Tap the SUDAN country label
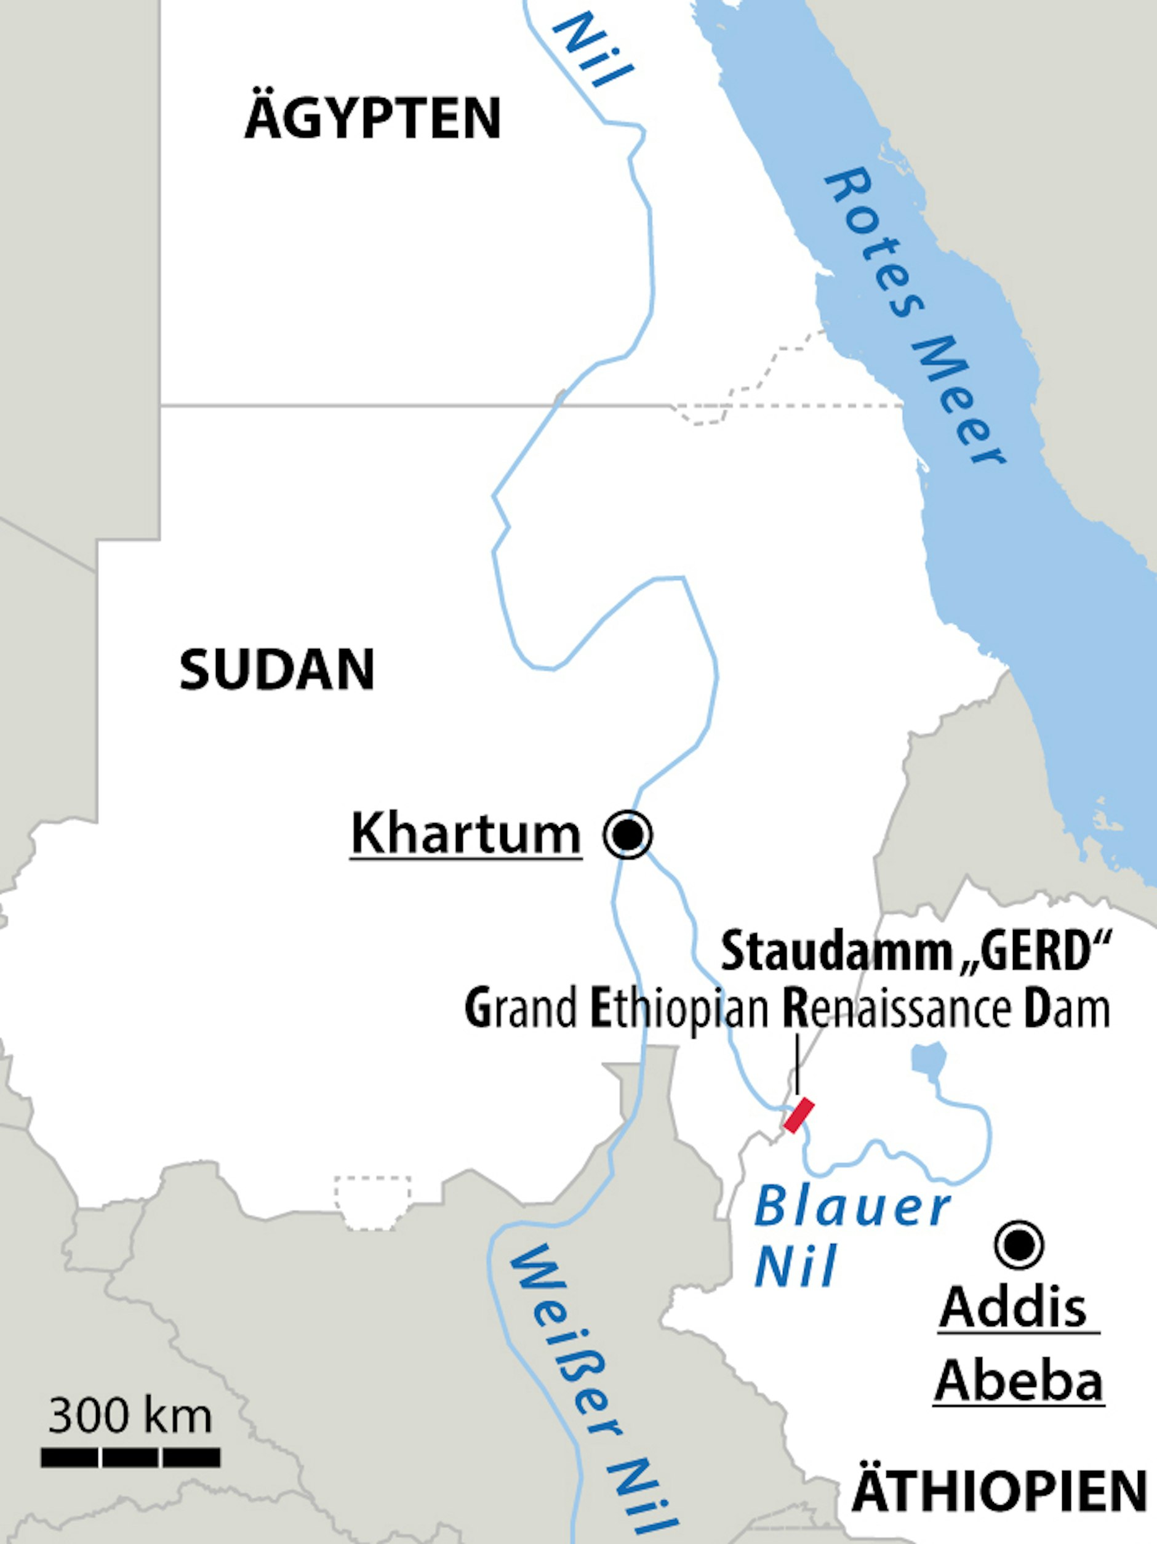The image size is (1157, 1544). [277, 669]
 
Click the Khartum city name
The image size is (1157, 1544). [465, 834]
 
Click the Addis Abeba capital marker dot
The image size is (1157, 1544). [1020, 1245]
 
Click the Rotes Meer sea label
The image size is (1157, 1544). [915, 315]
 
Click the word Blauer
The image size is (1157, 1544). [851, 1208]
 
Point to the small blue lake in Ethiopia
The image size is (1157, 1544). [929, 1058]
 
